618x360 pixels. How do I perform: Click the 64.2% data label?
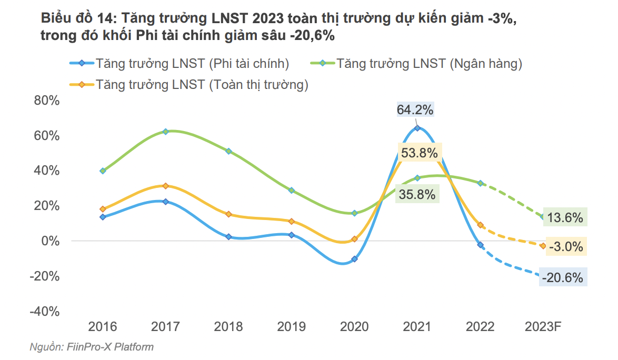(x=415, y=110)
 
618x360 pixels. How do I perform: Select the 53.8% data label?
(x=419, y=153)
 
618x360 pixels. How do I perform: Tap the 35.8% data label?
(x=417, y=194)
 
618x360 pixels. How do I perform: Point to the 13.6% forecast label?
(x=565, y=217)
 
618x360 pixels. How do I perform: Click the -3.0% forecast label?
(x=565, y=246)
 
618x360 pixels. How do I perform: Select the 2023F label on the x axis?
(x=543, y=327)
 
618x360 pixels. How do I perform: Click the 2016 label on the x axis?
(x=103, y=327)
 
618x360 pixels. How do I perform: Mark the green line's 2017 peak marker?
(x=165, y=131)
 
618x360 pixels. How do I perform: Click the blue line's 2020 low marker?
(x=354, y=259)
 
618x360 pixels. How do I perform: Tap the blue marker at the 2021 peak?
(x=417, y=128)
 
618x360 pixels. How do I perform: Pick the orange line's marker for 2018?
(x=228, y=214)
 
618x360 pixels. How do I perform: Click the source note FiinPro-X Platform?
(x=92, y=347)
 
